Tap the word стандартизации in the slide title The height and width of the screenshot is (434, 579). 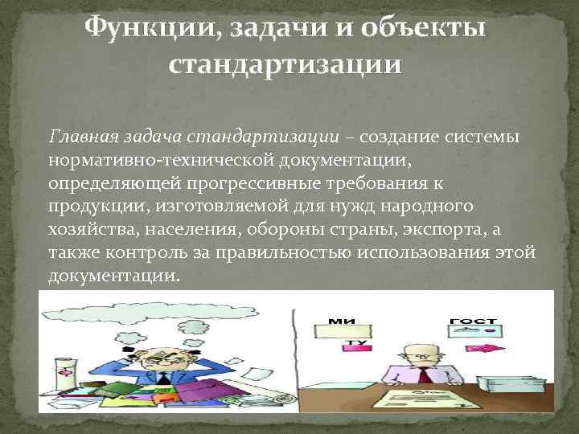pyautogui.click(x=283, y=65)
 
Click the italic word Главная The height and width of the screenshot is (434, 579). pyautogui.click(x=80, y=137)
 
